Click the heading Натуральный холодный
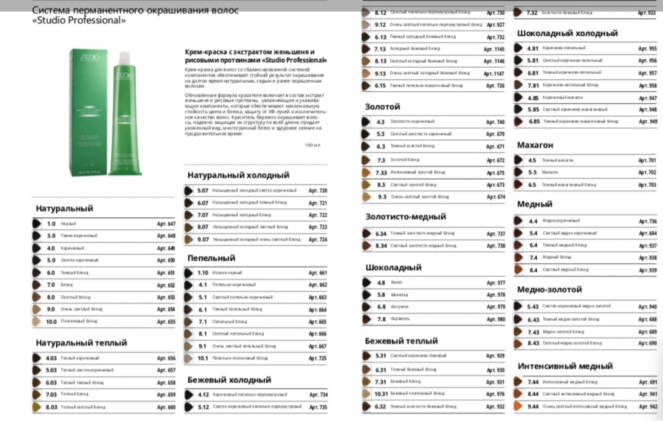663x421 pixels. click(x=238, y=175)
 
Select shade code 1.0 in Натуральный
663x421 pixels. click(x=51, y=224)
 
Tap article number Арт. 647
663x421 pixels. click(x=166, y=224)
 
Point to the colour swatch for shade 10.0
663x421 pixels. click(x=36, y=321)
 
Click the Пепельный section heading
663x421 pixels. click(x=211, y=258)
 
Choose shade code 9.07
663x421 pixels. click(x=203, y=239)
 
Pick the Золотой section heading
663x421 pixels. click(x=382, y=106)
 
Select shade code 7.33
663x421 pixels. click(x=381, y=173)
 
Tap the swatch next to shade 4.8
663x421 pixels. click(x=366, y=283)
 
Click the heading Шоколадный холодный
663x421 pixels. click(x=567, y=33)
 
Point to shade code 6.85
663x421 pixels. click(x=534, y=122)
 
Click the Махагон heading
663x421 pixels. click(x=535, y=145)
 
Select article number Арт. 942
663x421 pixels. click(x=647, y=406)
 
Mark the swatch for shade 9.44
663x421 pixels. click(x=518, y=406)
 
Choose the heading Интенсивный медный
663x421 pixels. click(x=565, y=366)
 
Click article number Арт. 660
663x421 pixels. click(x=166, y=407)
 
